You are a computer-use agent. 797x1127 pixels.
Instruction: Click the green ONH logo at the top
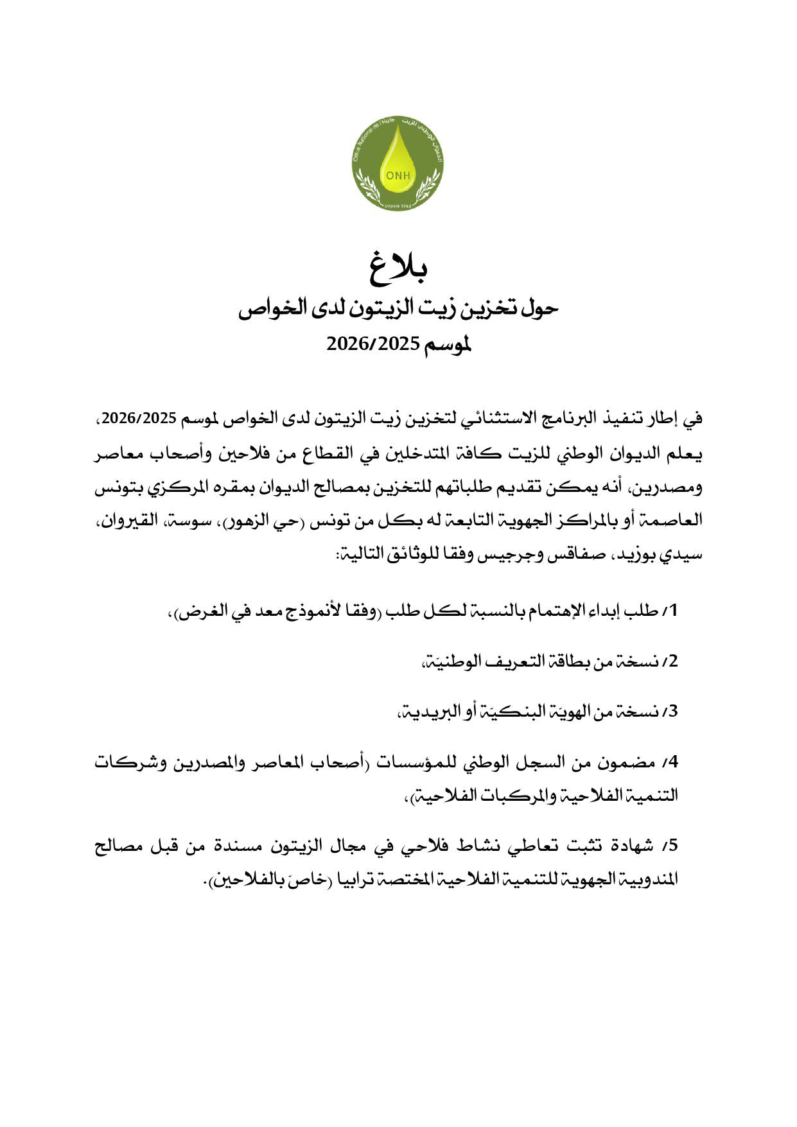[x=398, y=164]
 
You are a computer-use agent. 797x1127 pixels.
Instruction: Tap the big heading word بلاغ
[x=399, y=268]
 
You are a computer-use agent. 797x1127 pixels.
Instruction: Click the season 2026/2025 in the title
[x=372, y=345]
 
